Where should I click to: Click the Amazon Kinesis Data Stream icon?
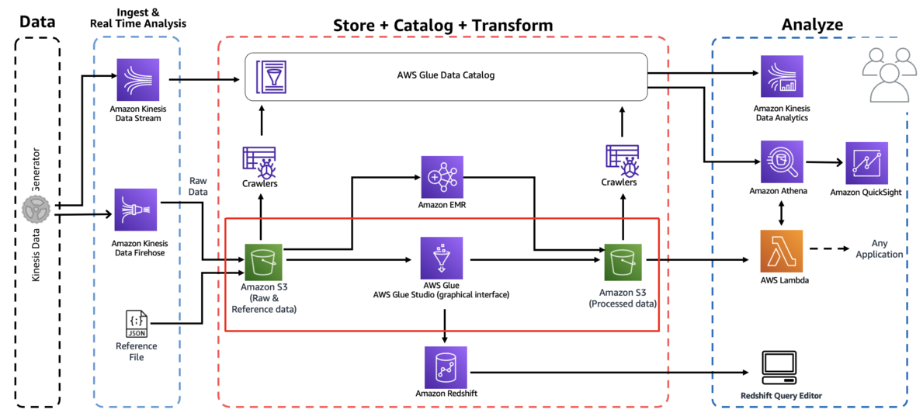[137, 78]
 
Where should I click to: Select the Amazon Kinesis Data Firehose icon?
[136, 210]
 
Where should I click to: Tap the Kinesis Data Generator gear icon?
[34, 210]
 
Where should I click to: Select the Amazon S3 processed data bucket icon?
[623, 262]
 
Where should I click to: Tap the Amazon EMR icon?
[442, 176]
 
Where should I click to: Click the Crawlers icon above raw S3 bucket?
[260, 161]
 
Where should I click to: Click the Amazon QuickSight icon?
[866, 163]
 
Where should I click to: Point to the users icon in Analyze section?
[885, 75]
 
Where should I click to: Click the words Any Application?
[877, 248]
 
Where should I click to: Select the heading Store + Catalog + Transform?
[442, 25]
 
